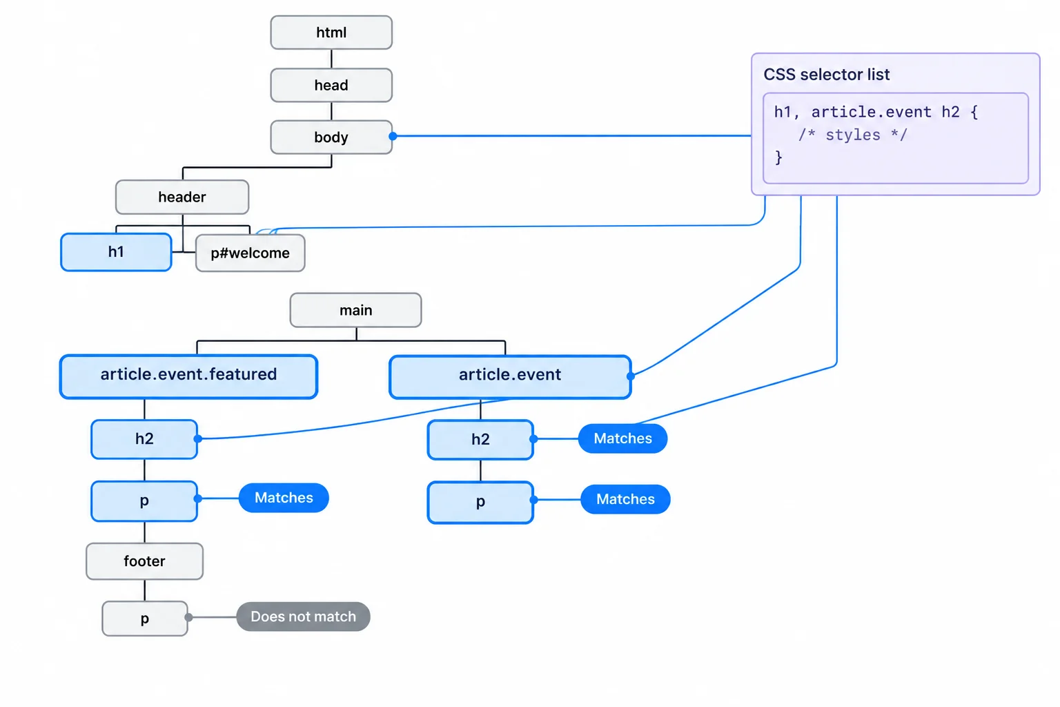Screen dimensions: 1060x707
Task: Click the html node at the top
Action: (x=331, y=32)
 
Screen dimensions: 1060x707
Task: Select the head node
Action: (x=331, y=85)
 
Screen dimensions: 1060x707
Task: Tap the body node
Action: (x=331, y=137)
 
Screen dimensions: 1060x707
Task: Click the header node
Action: (x=182, y=197)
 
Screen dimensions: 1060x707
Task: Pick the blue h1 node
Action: (x=116, y=252)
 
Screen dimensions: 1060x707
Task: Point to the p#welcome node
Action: (x=251, y=253)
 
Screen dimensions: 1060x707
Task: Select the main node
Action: (x=356, y=310)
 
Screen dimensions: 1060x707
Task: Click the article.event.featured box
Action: (x=188, y=376)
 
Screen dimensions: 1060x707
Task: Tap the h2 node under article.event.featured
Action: (x=144, y=439)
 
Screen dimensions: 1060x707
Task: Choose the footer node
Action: (x=145, y=561)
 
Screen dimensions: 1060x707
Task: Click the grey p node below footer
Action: (x=145, y=619)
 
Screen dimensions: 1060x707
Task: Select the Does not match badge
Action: (x=304, y=617)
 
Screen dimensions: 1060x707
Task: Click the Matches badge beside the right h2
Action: (x=622, y=438)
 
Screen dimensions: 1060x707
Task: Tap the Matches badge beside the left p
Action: (x=284, y=498)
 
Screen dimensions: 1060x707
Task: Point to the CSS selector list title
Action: (x=827, y=75)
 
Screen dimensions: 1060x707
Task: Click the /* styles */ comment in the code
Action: (x=853, y=135)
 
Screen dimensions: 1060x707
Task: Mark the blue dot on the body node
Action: (x=393, y=137)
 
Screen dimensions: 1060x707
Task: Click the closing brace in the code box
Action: (x=778, y=157)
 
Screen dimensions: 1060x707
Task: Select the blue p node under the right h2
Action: (x=480, y=502)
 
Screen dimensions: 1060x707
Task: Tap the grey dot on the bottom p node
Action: (x=189, y=617)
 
